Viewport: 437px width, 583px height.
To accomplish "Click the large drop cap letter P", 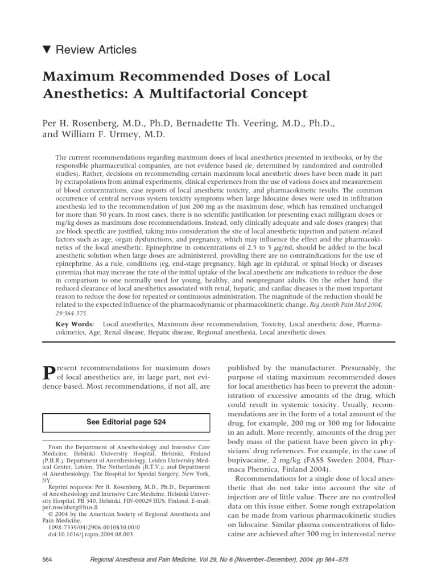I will point(50,374).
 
